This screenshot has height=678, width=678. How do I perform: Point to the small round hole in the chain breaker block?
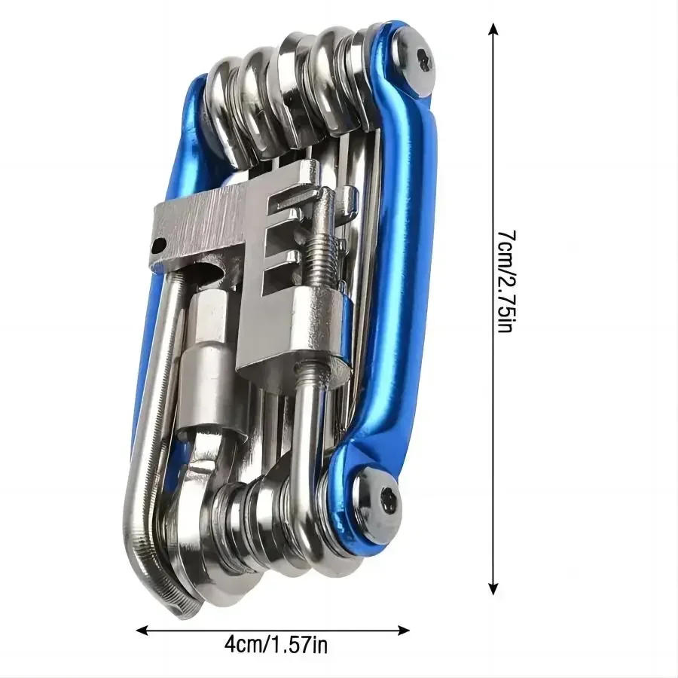[159, 246]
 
